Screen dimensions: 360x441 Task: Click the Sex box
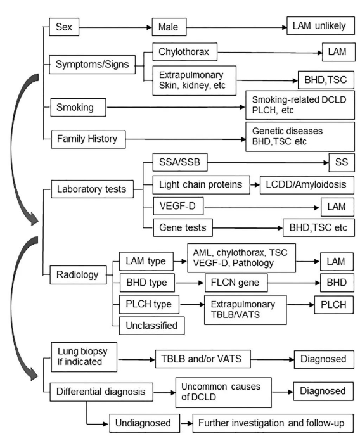coord(64,27)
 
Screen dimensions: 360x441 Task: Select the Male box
coord(169,27)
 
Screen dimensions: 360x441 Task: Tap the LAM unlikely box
coord(321,25)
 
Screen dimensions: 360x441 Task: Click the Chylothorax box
coord(185,52)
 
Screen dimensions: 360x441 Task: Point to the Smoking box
coord(78,107)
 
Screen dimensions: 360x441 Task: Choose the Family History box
coord(88,139)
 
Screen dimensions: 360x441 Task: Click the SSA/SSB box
coord(180,162)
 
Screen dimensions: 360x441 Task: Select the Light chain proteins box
coord(201,185)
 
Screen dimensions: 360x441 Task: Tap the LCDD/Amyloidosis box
coord(307,185)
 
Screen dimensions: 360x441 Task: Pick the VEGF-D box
coord(178,206)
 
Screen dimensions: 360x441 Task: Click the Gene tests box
coord(183,227)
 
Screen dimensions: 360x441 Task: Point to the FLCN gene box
coord(236,283)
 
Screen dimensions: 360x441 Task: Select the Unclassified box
coord(152,326)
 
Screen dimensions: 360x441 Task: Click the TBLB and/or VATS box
coord(203,359)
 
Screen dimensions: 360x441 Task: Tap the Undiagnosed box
coord(145,423)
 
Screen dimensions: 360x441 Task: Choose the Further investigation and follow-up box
coord(273,423)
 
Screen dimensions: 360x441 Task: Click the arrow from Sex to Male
coord(115,27)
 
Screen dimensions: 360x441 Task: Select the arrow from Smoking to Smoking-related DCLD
coord(176,107)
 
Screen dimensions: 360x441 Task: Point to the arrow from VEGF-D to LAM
coord(262,208)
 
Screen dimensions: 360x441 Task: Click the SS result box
coord(342,162)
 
